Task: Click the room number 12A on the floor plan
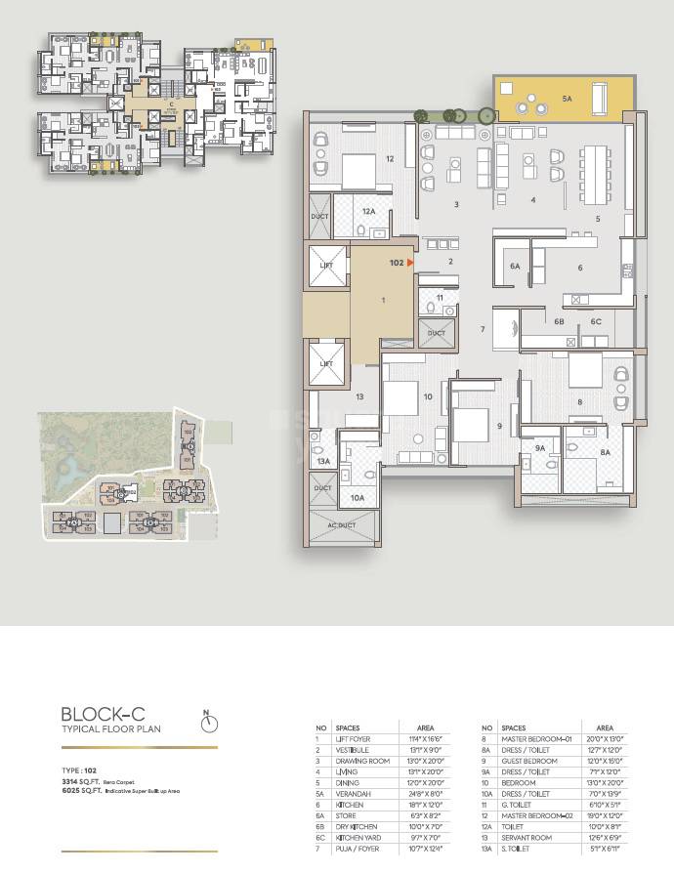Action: (368, 212)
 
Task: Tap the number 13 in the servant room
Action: (359, 396)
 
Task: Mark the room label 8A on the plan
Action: (606, 453)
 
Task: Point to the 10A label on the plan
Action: (358, 498)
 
